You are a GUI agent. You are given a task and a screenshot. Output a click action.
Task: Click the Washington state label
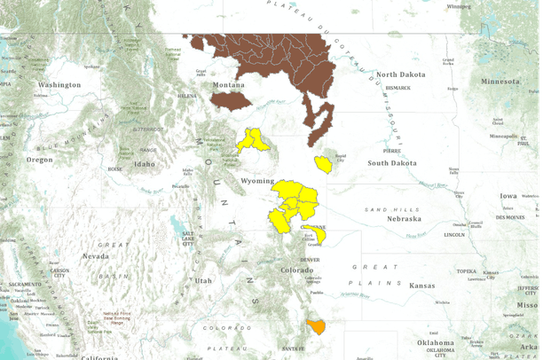click(x=59, y=84)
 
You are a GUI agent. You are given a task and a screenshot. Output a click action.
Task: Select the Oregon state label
click(x=39, y=160)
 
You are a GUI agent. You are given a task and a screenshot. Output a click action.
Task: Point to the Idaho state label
click(x=144, y=164)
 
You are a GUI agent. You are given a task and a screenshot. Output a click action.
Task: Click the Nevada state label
click(x=96, y=255)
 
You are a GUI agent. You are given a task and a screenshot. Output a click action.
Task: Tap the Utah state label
click(x=203, y=280)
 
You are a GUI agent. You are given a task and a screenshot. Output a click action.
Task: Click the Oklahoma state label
click(x=436, y=341)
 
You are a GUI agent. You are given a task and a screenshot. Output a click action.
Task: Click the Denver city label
click(x=308, y=259)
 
